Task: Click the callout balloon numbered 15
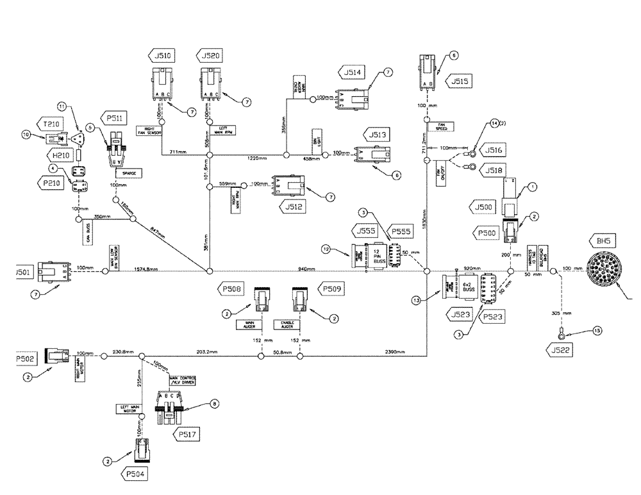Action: click(598, 331)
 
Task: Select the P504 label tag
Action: click(135, 474)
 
